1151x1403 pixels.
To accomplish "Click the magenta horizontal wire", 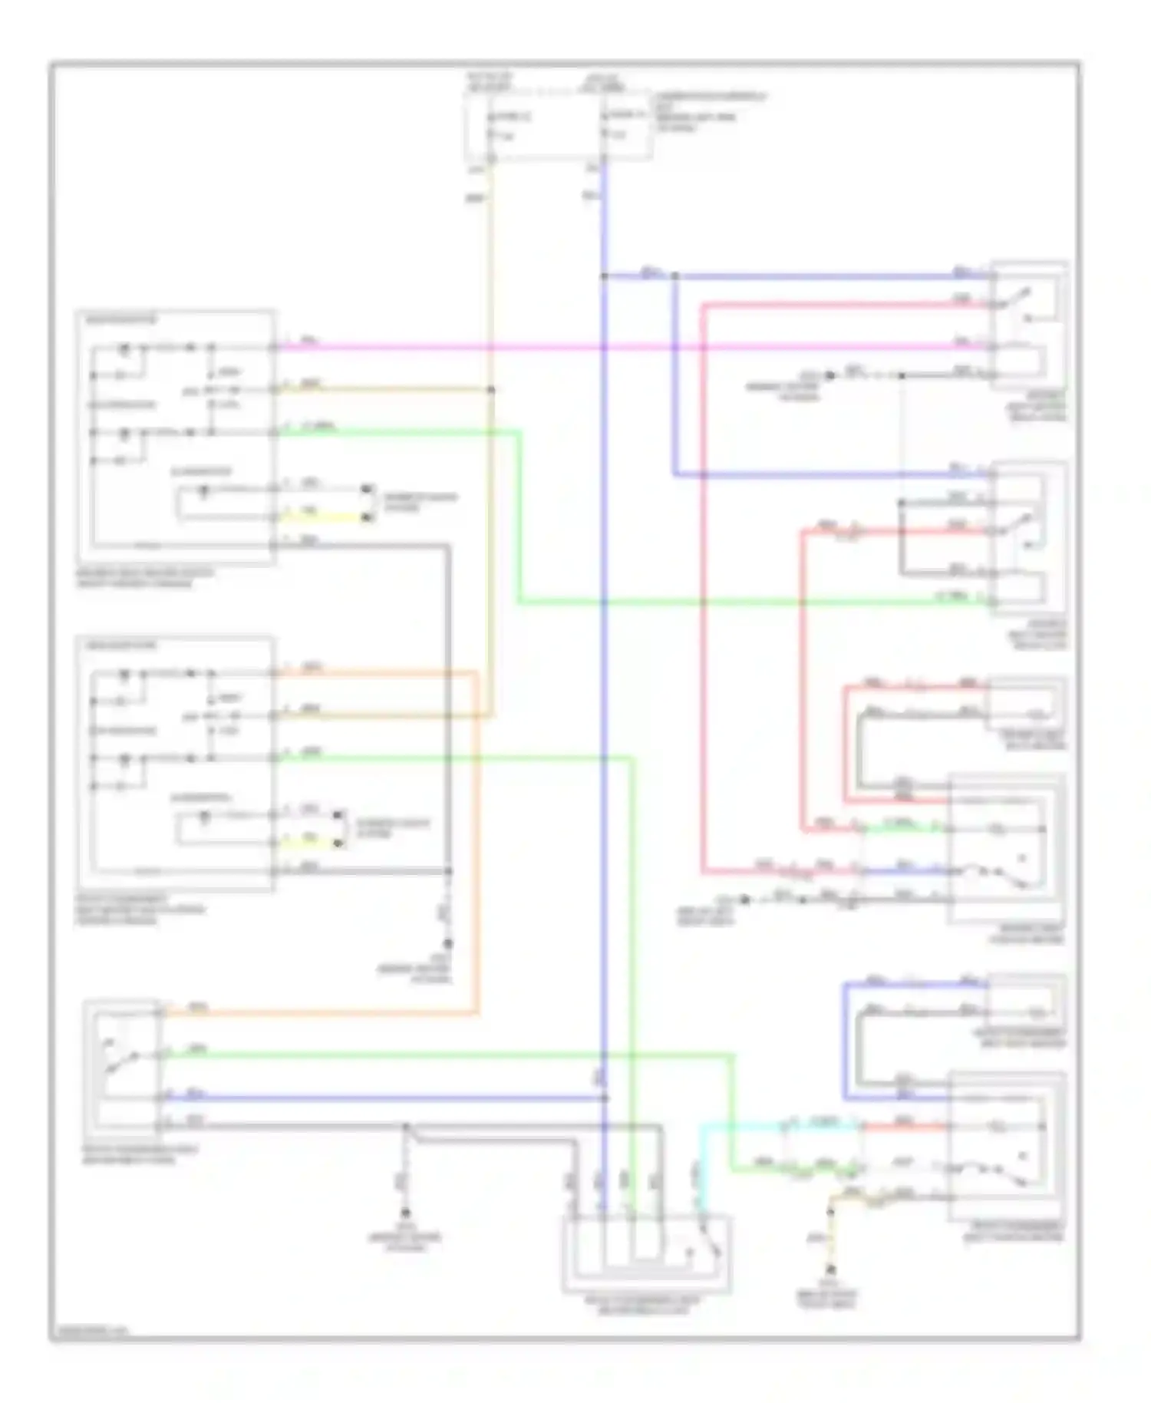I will pyautogui.click(x=614, y=347).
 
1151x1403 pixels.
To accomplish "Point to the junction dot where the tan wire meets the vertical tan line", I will pyautogui.click(x=491, y=390).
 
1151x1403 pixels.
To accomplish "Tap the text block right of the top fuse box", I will pyautogui.click(x=709, y=111).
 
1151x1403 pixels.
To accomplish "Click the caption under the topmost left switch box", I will pyautogui.click(x=146, y=578).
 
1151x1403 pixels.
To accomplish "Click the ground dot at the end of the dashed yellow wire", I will pyautogui.click(x=829, y=1270).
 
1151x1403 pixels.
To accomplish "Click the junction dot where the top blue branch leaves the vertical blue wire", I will pyautogui.click(x=605, y=276).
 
